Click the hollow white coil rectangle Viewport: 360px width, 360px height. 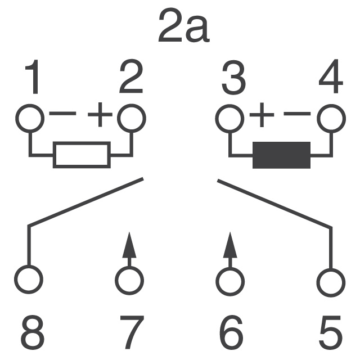[82, 155]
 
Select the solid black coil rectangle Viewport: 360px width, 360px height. [281, 155]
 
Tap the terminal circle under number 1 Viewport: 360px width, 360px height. [29, 118]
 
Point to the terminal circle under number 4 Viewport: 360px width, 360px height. [331, 118]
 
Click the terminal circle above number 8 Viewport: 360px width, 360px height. [29, 278]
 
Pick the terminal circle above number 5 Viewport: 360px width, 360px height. [331, 278]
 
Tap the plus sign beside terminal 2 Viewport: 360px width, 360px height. [100, 116]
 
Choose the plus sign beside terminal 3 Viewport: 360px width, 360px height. [260, 116]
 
